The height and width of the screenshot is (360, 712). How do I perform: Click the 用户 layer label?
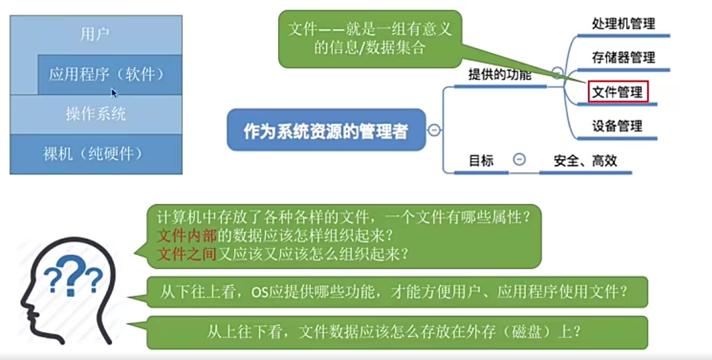95,34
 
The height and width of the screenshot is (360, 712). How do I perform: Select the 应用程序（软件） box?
106,74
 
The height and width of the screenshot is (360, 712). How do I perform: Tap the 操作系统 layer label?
96,114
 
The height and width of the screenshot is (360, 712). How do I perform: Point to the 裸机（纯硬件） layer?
93,154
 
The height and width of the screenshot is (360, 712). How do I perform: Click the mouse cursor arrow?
114,92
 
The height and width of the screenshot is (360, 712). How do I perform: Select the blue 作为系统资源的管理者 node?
326,131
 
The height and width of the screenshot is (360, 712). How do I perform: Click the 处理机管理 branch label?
623,24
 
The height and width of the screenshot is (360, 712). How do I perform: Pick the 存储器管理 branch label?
623,57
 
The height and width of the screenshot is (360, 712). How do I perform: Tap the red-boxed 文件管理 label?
618,91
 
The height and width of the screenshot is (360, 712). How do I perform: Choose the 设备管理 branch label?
617,126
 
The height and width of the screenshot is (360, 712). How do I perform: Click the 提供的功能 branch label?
499,75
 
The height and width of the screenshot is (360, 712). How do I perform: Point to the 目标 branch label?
481,161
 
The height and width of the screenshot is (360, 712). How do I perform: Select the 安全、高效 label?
585,161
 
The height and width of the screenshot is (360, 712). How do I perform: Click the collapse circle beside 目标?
519,160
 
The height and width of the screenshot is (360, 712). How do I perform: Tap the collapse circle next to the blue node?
434,130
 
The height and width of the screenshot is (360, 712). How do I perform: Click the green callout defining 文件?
370,39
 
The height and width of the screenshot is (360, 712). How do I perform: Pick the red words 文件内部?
187,235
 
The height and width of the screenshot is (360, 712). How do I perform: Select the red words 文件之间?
187,254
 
